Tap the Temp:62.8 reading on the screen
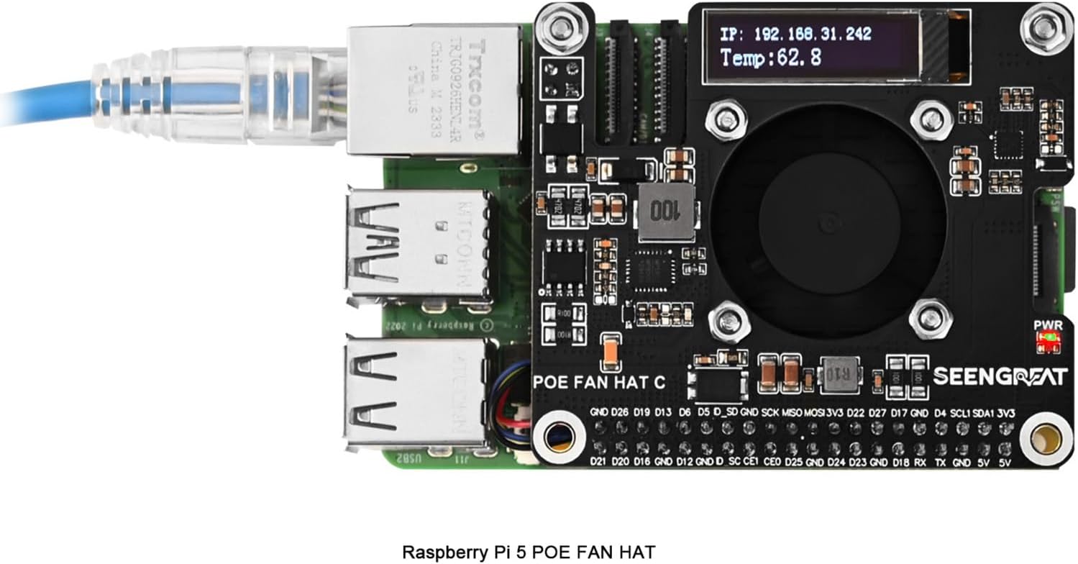coord(770,58)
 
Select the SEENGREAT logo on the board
coord(999,376)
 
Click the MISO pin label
coord(792,413)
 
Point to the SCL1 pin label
coord(961,413)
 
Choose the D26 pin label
coord(620,413)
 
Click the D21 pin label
coord(598,461)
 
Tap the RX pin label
coord(919,461)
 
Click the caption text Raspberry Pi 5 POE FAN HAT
coord(528,552)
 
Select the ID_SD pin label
coord(724,413)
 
